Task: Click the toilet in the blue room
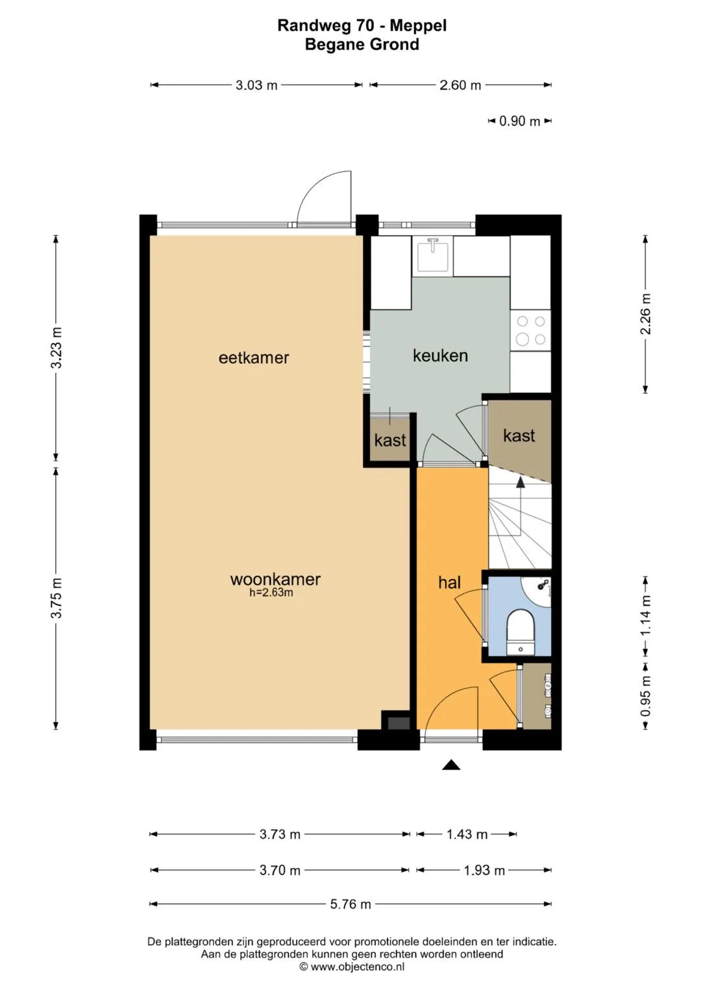(x=521, y=632)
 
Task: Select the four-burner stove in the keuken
(x=531, y=331)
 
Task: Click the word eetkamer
(x=254, y=358)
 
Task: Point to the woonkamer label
(x=275, y=579)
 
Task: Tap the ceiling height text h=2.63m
(x=271, y=592)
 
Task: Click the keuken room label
(x=440, y=355)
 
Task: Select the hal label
(x=449, y=582)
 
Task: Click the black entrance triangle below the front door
(x=451, y=765)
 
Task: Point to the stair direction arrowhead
(x=521, y=483)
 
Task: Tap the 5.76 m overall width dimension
(x=350, y=904)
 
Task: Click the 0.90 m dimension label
(x=519, y=121)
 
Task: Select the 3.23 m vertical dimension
(x=56, y=348)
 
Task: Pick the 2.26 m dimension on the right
(x=646, y=314)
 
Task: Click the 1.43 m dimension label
(x=467, y=835)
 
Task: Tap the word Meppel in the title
(x=418, y=26)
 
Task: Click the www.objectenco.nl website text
(x=358, y=967)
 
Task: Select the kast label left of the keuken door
(x=390, y=440)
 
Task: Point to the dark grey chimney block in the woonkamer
(x=399, y=723)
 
